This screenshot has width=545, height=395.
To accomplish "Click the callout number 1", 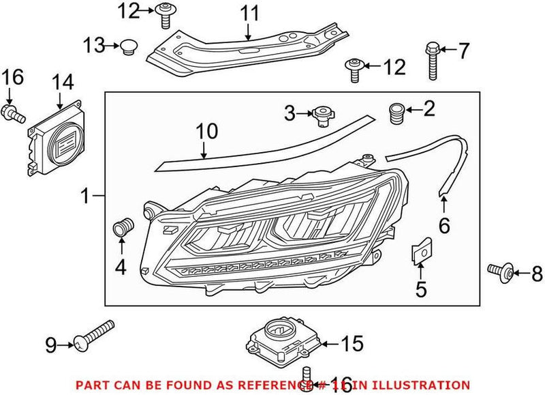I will tap(84, 197).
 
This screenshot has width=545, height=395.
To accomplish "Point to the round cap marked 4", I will tap(122, 228).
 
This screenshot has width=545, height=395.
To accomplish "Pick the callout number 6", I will tap(443, 224).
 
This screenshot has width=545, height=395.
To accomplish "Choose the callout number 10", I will tap(206, 130).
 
